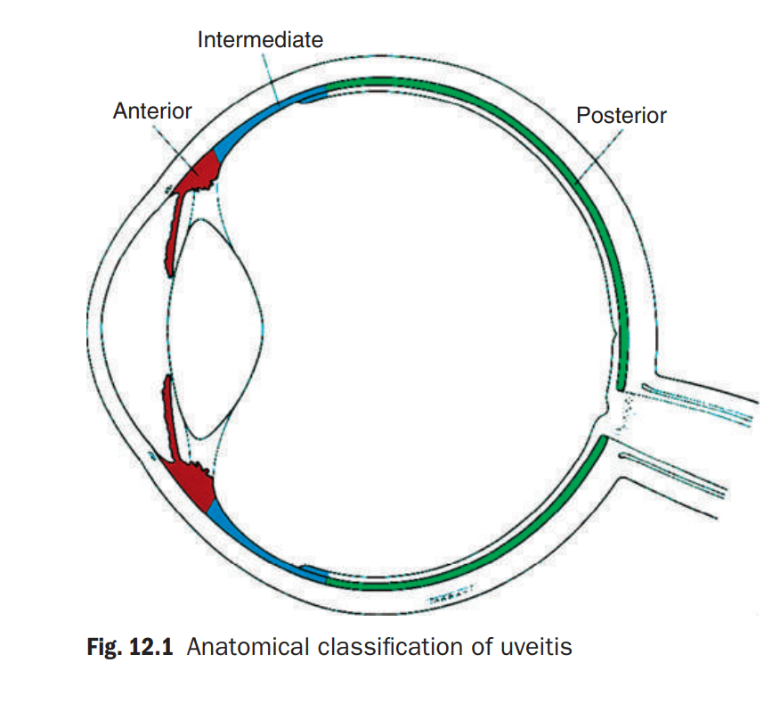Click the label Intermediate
point(260,40)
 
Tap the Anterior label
point(152,111)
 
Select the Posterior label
point(621,116)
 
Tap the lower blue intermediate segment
point(258,546)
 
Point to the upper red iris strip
point(175,232)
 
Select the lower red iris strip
point(171,419)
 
